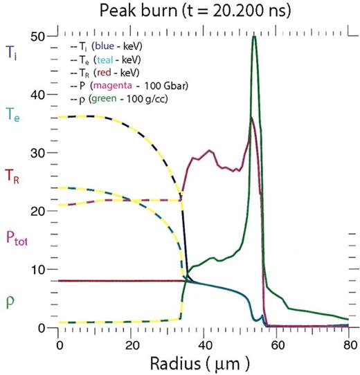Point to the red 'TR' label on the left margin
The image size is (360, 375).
click(x=13, y=176)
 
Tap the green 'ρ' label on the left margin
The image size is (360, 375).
click(x=10, y=301)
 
